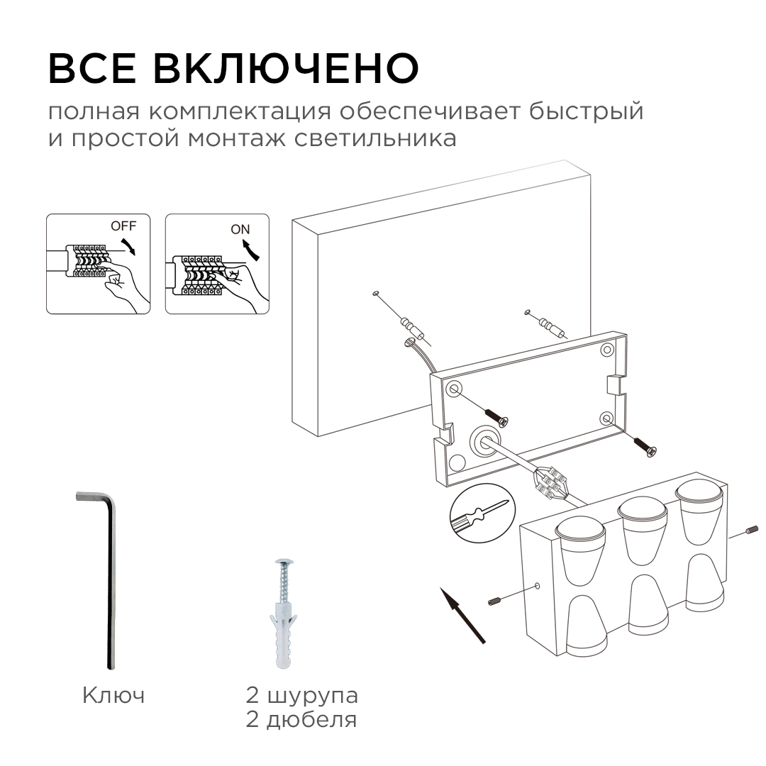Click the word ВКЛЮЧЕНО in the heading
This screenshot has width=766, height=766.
286,68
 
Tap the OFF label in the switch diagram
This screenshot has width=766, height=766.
122,226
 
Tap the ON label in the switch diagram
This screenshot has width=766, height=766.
240,229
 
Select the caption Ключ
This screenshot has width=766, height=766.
113,695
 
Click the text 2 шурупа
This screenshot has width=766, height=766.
301,695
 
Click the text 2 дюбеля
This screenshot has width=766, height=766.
301,721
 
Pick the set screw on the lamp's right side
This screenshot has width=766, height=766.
753,531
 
